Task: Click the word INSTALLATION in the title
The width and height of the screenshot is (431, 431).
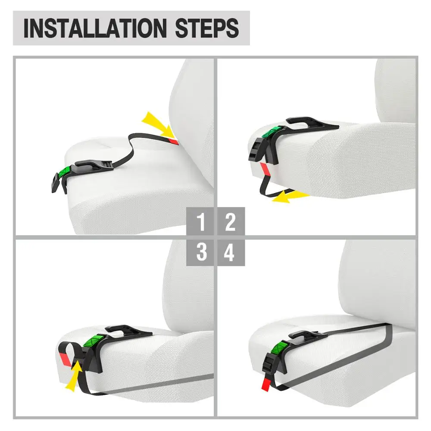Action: click(95, 28)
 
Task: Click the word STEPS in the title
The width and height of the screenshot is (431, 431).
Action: click(207, 28)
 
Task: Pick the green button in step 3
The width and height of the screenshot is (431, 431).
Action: click(93, 340)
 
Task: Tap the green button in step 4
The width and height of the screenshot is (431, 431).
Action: click(281, 347)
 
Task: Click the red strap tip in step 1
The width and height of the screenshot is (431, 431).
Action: click(174, 141)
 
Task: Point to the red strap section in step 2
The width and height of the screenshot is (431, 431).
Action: click(265, 169)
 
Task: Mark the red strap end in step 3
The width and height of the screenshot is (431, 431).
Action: click(65, 359)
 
